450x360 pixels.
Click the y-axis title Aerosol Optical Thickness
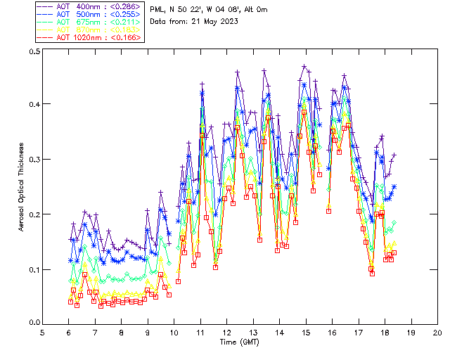click(21, 187)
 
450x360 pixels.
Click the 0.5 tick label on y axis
click(34, 52)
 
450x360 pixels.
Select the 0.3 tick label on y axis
click(34, 160)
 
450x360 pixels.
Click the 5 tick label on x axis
click(43, 332)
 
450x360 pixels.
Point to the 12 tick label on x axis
click(227, 332)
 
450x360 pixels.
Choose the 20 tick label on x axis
click(437, 332)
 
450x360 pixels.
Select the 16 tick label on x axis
click(332, 332)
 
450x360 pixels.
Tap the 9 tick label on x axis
click(148, 332)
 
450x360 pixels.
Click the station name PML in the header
click(158, 9)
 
